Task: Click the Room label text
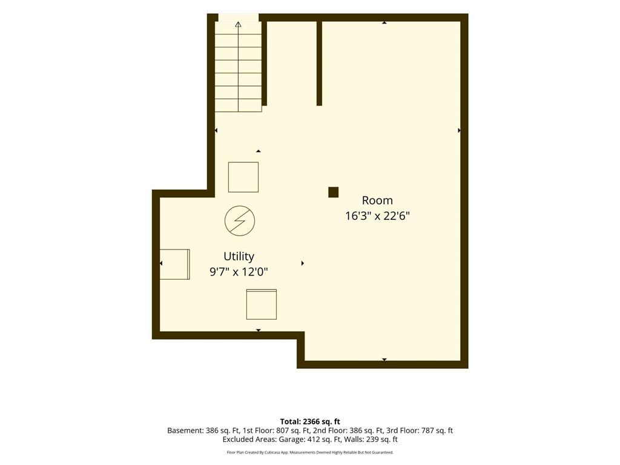[x=377, y=200]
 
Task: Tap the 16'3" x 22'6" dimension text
[x=377, y=216]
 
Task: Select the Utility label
[x=239, y=257]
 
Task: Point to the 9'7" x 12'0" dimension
[x=239, y=272]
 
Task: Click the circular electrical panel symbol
[x=240, y=220]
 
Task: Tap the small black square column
[x=334, y=192]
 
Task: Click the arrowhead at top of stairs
[x=238, y=24]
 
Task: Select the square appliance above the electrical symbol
[x=243, y=177]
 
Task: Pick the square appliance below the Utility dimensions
[x=262, y=305]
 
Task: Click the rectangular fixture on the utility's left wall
[x=174, y=264]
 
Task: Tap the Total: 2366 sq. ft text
[x=310, y=421]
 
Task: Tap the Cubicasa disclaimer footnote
[x=310, y=452]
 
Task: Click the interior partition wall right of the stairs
[x=319, y=63]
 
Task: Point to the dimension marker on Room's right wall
[x=459, y=130]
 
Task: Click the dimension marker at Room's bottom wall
[x=384, y=360]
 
